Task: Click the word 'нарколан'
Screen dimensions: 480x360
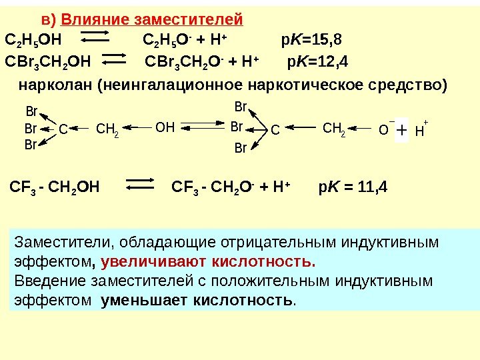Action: pos(55,85)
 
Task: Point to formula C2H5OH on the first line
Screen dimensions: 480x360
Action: pos(31,41)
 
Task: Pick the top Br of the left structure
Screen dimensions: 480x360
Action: pos(31,111)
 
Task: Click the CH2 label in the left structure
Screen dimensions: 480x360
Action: pos(107,129)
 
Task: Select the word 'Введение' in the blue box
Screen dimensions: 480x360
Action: pos(45,280)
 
